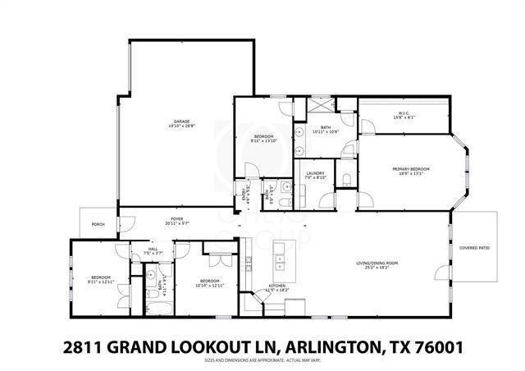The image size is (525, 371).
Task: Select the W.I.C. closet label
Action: click(404, 113)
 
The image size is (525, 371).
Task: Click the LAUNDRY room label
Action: click(315, 172)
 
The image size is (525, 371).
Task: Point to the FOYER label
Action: click(176, 220)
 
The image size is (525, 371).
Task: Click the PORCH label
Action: click(98, 224)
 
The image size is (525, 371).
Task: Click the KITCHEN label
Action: click(276, 286)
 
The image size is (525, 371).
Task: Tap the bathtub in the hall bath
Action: click(156, 308)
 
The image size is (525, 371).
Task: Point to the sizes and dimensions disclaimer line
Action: click(262, 360)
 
